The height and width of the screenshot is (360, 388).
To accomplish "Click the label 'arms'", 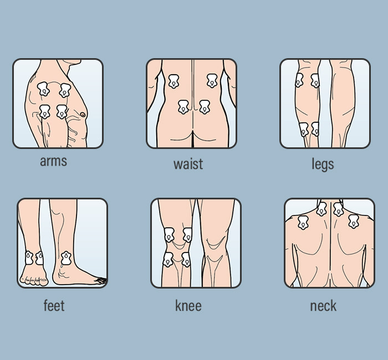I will (53, 161).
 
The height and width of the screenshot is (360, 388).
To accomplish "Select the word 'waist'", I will (188, 164).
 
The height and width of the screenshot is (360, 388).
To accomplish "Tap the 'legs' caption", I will (323, 164).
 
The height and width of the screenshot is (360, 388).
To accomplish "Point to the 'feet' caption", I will (54, 305).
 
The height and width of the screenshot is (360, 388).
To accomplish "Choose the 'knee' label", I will (188, 305).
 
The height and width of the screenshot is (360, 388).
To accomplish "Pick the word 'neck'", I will (323, 305).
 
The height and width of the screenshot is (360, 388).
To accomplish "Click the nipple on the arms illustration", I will (83, 115).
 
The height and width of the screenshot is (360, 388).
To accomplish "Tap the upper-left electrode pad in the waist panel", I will (173, 81).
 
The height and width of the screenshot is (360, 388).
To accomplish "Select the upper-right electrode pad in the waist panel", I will (212, 81).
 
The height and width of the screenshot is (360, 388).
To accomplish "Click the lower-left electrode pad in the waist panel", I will (184, 107).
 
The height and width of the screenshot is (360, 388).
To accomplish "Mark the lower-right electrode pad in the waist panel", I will (205, 107).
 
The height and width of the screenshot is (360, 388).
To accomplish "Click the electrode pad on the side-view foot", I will (66, 258).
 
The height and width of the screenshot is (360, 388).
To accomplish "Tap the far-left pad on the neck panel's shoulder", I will (303, 223).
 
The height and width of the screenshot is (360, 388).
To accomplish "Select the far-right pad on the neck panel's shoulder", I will (354, 222).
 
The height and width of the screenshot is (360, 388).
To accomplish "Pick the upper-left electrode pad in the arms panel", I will (43, 89).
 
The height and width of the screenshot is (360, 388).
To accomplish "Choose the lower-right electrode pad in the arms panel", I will (62, 112).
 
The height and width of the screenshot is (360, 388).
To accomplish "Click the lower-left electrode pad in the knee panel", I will (168, 259).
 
